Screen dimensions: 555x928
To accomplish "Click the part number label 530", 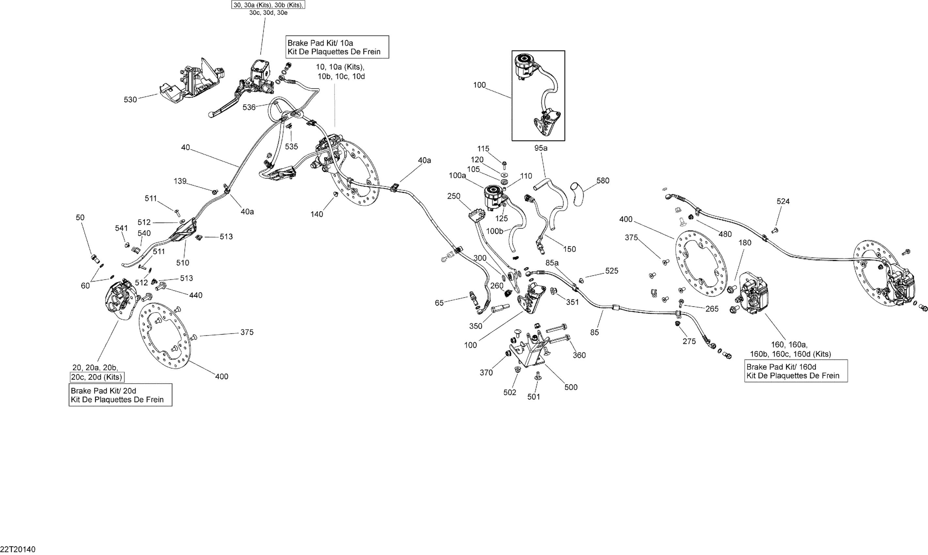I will tap(130, 100).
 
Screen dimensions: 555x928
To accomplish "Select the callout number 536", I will tap(249, 108).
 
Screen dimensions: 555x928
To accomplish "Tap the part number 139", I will tap(180, 181).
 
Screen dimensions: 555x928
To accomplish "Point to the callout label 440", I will tap(195, 295).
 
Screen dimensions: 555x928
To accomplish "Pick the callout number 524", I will tap(783, 201).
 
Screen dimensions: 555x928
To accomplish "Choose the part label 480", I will tap(725, 234).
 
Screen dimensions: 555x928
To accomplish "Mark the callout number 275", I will tap(689, 341).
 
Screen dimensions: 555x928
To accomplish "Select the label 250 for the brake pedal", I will tap(454, 196).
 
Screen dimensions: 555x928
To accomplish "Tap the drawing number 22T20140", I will tap(18, 549).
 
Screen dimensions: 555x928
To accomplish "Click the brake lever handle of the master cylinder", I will tap(224, 108).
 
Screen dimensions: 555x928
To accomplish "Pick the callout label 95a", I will tap(540, 148).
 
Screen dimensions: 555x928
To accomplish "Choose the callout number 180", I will tap(745, 243).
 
